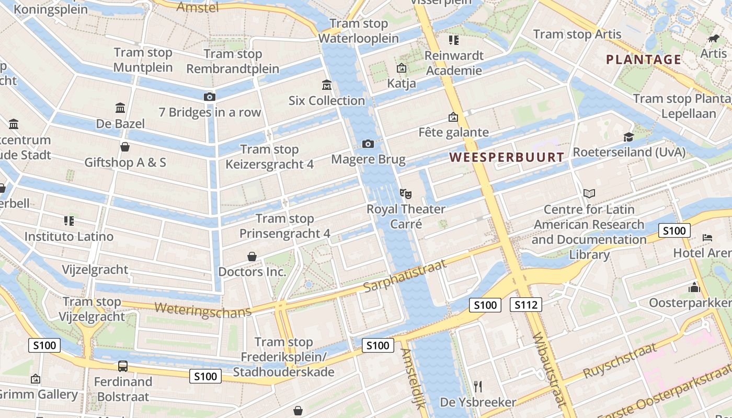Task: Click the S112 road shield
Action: click(x=525, y=305)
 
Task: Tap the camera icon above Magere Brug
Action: click(x=368, y=144)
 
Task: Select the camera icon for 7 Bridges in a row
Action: click(x=209, y=97)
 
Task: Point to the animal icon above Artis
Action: click(x=714, y=38)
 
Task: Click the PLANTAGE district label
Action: click(x=644, y=60)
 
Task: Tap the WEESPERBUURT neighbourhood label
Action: click(x=507, y=157)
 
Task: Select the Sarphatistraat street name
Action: click(x=405, y=275)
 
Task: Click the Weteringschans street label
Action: click(x=203, y=309)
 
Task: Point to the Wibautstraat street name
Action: click(x=549, y=368)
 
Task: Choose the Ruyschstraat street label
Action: click(x=620, y=361)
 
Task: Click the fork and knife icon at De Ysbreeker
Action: click(x=477, y=387)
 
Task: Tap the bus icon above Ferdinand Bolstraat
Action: click(x=123, y=366)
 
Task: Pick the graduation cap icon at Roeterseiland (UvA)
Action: click(x=628, y=137)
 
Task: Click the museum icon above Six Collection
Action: click(x=327, y=85)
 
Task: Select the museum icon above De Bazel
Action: click(x=120, y=108)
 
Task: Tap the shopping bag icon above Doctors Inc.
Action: click(x=252, y=257)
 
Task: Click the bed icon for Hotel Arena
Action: click(x=707, y=238)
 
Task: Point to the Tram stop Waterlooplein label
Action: click(x=359, y=31)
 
